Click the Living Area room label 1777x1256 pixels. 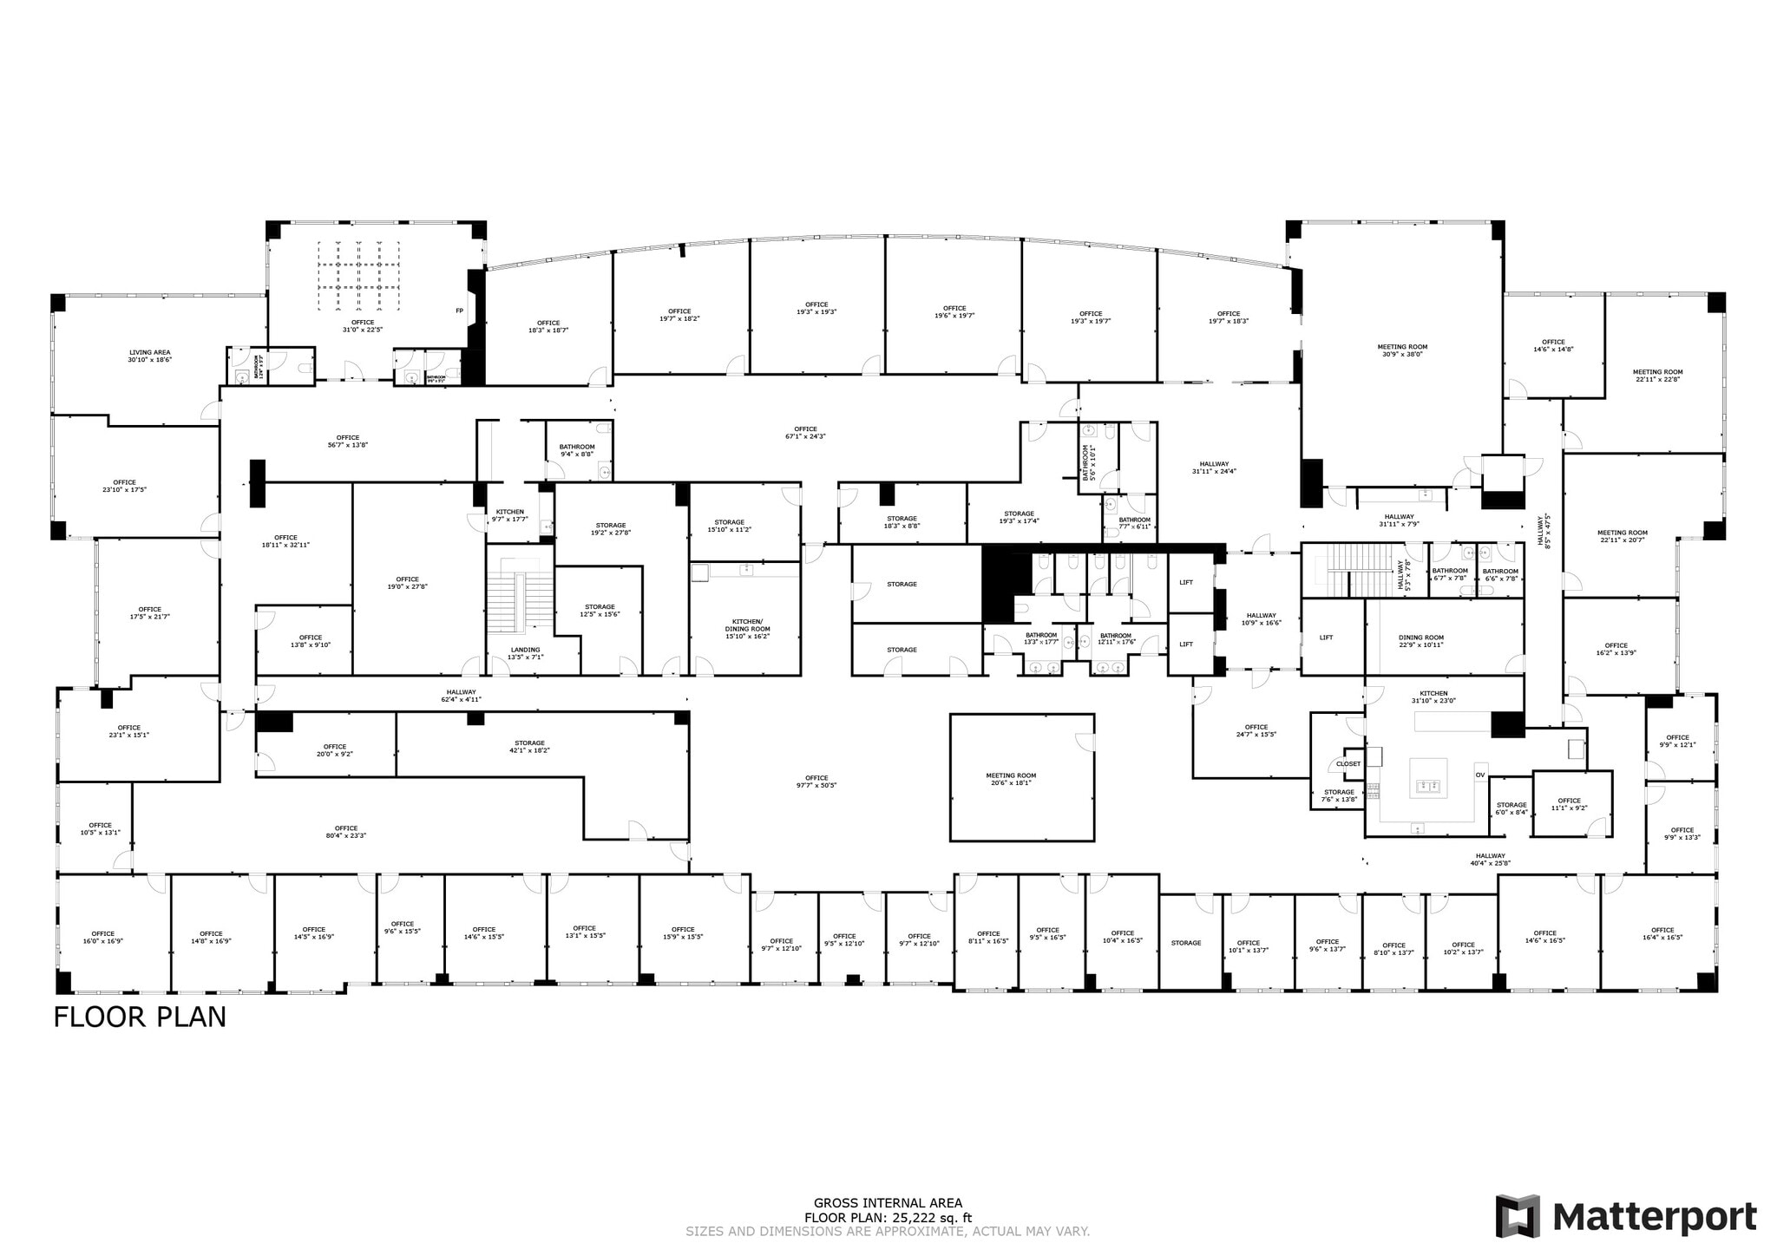pos(149,356)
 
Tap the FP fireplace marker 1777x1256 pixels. pos(459,311)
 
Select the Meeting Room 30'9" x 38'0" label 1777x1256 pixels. pos(1401,350)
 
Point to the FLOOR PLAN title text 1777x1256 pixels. pos(140,1017)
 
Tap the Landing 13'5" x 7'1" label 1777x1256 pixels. pos(525,653)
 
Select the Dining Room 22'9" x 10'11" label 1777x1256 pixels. pos(1420,641)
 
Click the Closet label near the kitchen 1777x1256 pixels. pos(1348,764)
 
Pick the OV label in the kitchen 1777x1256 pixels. pos(1479,775)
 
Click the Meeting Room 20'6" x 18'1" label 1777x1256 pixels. pos(1010,779)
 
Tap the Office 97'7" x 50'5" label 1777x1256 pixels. pos(816,782)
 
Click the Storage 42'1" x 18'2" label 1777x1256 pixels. pos(529,746)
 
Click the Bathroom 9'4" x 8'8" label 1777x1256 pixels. pos(577,450)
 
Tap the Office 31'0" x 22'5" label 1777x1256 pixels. pos(363,325)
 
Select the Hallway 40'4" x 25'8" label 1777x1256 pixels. pos(1489,859)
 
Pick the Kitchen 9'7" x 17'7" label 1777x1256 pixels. pos(509,515)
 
